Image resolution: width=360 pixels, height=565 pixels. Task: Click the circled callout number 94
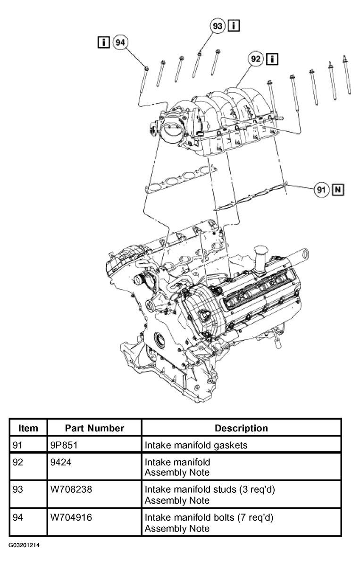click(x=120, y=42)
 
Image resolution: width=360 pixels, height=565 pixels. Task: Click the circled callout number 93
click(x=218, y=26)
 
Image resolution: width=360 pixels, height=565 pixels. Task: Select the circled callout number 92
click(x=256, y=59)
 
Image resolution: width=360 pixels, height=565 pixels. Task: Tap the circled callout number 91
click(x=321, y=189)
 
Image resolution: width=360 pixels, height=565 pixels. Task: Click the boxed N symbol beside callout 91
click(x=338, y=189)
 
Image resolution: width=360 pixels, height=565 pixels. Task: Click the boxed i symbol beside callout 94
click(x=103, y=42)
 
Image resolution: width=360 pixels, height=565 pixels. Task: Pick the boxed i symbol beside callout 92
click(x=272, y=59)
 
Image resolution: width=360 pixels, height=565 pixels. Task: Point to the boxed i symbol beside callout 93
click(x=234, y=25)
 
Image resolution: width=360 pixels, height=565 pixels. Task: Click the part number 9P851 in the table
click(x=64, y=445)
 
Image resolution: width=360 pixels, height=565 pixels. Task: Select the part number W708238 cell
click(x=71, y=489)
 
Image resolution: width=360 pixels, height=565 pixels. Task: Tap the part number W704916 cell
click(x=71, y=517)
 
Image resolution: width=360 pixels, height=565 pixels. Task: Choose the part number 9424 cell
click(x=61, y=462)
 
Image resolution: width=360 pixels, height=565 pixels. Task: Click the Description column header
click(x=241, y=428)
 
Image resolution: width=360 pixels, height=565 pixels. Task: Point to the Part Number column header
click(x=94, y=428)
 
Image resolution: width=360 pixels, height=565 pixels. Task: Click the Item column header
click(x=28, y=428)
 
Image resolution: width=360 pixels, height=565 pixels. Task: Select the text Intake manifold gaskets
click(x=196, y=446)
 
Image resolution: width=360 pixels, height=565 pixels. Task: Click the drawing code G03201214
click(x=25, y=545)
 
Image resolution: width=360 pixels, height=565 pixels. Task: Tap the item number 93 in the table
click(x=17, y=489)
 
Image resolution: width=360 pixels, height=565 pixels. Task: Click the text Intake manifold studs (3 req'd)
click(x=210, y=489)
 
